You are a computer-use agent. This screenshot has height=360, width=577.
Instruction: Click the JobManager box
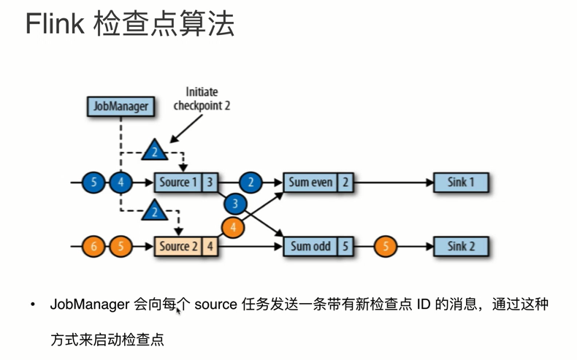(x=121, y=106)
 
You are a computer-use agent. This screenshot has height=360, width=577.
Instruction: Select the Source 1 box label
(x=179, y=182)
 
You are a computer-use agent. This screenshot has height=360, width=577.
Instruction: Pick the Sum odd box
(x=310, y=246)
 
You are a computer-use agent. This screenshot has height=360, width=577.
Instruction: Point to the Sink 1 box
(x=461, y=182)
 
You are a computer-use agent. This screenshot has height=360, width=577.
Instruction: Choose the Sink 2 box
(x=461, y=246)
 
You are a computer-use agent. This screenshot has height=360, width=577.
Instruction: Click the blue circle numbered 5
(x=93, y=182)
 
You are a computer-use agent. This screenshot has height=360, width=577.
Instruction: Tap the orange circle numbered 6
(x=93, y=246)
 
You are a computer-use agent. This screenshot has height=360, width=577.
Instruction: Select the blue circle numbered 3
(x=235, y=204)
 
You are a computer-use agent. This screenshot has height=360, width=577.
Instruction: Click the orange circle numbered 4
(x=233, y=227)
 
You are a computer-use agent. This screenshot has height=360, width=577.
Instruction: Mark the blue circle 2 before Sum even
(x=251, y=182)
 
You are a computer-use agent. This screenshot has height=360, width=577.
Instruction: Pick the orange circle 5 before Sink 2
(x=386, y=246)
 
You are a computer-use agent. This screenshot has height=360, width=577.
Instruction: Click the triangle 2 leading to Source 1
(x=154, y=151)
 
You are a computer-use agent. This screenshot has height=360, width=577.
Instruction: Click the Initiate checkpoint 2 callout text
(x=202, y=99)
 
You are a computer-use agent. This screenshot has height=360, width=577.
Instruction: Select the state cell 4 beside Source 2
(x=210, y=246)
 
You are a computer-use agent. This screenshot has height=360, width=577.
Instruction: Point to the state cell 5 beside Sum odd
(x=345, y=246)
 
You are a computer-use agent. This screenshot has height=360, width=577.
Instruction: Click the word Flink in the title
(x=55, y=25)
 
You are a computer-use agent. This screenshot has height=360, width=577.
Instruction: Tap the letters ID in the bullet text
(x=424, y=304)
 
